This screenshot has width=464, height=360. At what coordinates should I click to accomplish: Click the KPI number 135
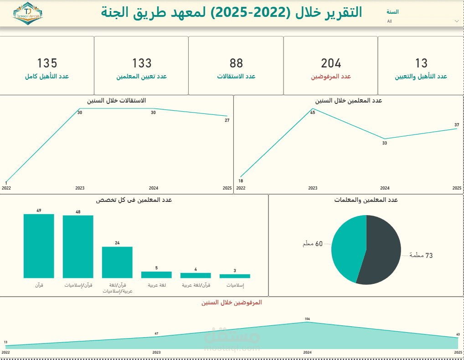[47, 63]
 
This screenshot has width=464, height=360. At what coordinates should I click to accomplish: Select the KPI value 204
[331, 63]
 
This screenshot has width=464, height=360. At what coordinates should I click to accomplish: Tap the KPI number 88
[236, 63]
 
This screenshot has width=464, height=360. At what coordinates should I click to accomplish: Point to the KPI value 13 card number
[421, 63]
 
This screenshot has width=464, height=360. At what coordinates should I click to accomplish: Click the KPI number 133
[142, 63]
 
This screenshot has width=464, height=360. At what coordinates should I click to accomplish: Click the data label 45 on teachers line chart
[313, 113]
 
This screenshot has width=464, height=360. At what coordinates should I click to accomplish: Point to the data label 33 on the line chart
[384, 143]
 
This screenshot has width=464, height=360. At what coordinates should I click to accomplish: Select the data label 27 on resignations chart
[227, 120]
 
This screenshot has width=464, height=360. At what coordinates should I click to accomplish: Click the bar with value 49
[39, 246]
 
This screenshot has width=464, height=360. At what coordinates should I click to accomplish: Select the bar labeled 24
[117, 262]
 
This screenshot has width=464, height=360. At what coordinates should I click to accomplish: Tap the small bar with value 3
[235, 276]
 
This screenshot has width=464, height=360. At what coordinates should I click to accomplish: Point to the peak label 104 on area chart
[307, 319]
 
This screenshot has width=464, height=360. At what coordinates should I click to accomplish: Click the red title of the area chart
[232, 302]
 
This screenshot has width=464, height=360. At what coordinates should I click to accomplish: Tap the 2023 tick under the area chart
[156, 353]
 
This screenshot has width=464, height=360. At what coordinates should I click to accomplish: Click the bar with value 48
[78, 246]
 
